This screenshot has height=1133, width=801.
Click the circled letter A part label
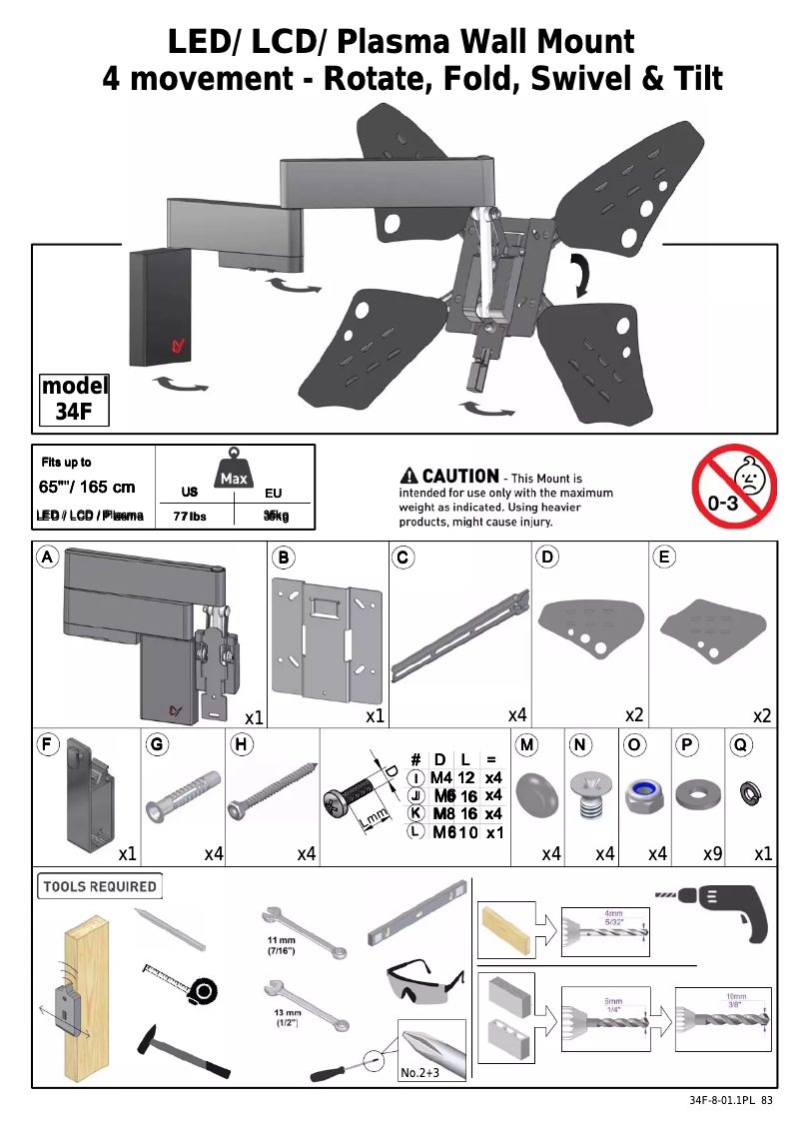[x=47, y=557]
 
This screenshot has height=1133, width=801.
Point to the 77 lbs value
[x=189, y=517]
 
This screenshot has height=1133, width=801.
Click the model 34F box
[x=74, y=399]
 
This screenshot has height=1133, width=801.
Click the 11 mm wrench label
[x=281, y=946]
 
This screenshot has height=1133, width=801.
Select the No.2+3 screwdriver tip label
[x=419, y=1073]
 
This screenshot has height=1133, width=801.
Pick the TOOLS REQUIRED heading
[x=99, y=886]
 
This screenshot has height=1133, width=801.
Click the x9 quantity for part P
[x=712, y=853]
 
